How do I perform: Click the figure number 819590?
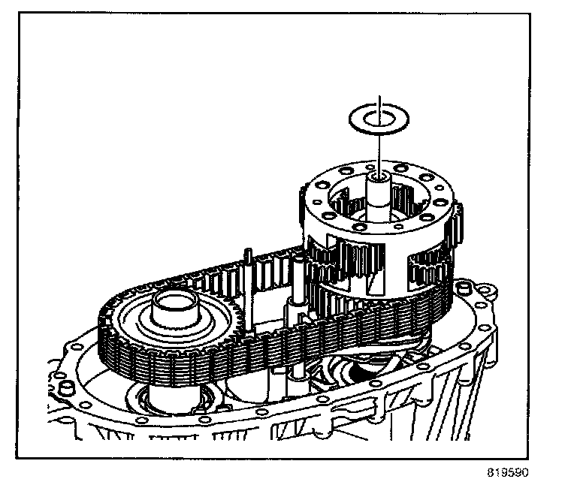coord(508,474)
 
